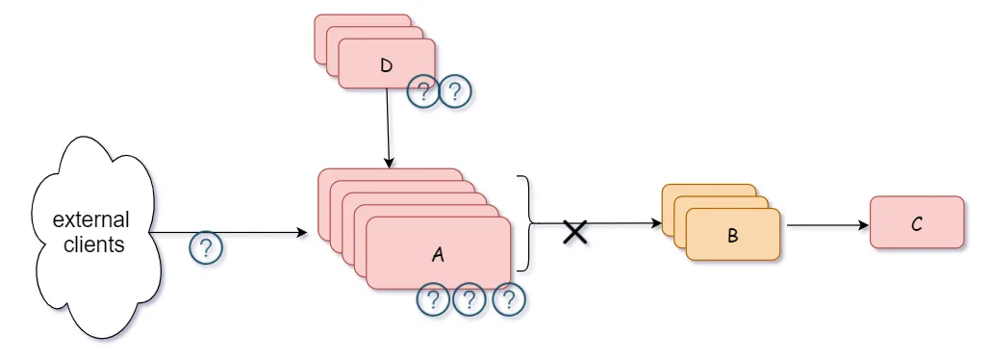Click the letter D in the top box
tap(387, 65)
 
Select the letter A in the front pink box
tap(439, 255)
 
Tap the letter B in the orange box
tap(733, 235)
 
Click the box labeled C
tap(916, 223)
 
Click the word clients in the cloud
tap(94, 244)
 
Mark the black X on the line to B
tap(575, 231)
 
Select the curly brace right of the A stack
tap(525, 223)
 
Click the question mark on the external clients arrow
tap(205, 247)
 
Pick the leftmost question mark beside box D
tap(423, 92)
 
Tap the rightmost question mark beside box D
tap(456, 92)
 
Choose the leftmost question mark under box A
tap(433, 300)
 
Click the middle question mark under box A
tap(470, 300)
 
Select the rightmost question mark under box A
tap(508, 300)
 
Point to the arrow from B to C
tap(826, 226)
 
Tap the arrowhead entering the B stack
tap(657, 225)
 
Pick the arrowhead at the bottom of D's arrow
tap(388, 164)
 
